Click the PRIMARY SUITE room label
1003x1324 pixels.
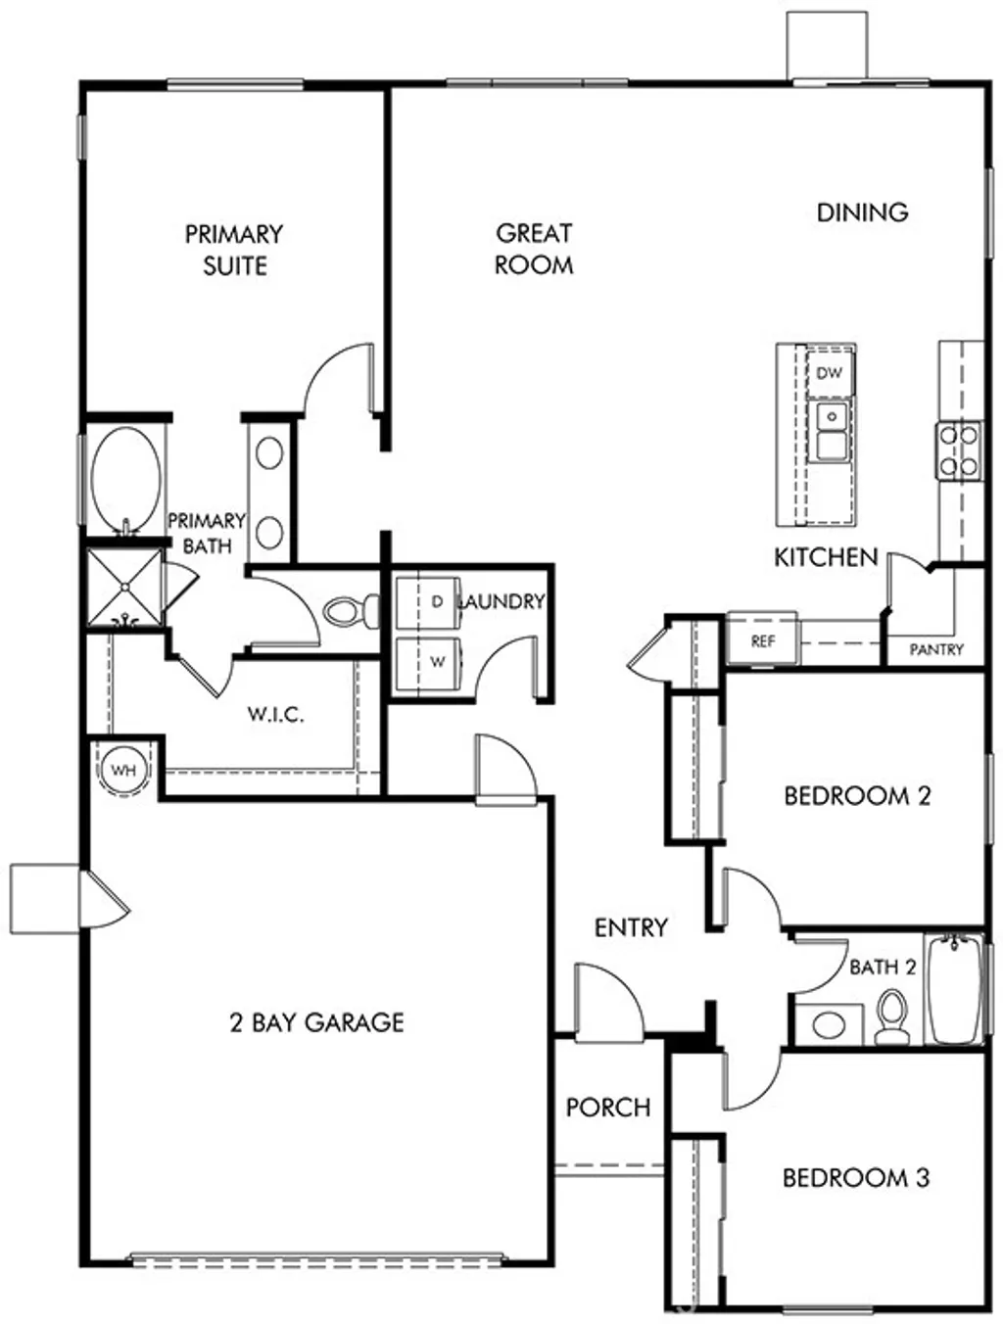[234, 250]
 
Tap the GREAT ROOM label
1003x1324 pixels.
[534, 249]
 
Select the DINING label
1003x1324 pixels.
[862, 213]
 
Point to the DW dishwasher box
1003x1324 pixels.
[829, 373]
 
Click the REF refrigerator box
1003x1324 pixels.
[762, 640]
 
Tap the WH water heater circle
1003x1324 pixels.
[123, 770]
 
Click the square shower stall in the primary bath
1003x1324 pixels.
[124, 589]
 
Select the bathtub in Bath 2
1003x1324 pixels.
[955, 989]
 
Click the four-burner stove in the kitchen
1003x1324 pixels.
[959, 450]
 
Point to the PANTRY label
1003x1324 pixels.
[935, 649]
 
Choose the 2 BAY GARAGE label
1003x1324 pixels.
[316, 1023]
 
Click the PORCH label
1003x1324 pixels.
[608, 1108]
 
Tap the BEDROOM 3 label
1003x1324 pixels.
[855, 1177]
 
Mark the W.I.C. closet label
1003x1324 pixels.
[275, 714]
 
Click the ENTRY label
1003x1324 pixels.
[631, 927]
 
